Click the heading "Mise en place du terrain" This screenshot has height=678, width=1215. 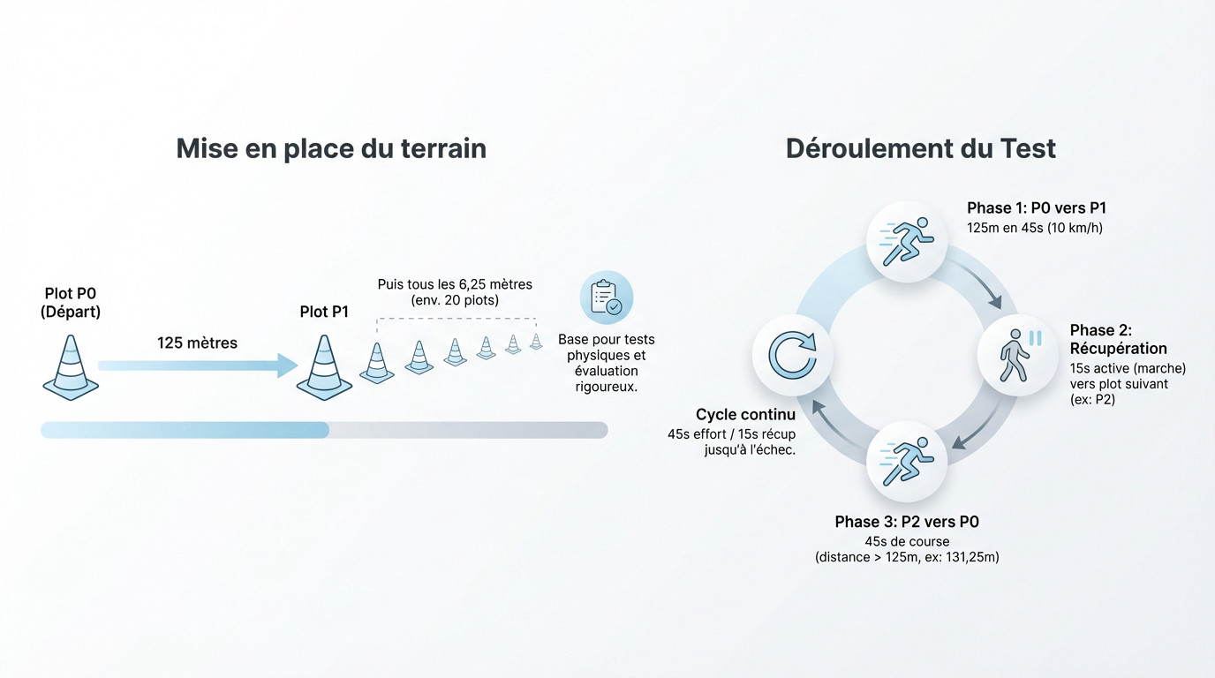[331, 148]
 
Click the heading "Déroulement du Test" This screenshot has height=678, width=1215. [920, 148]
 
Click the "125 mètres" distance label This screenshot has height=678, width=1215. [197, 343]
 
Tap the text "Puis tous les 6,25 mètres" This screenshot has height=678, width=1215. [455, 284]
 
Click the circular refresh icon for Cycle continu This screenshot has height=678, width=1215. [791, 355]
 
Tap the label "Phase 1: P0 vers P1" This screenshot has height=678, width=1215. [1036, 208]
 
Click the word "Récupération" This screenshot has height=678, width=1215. [1118, 348]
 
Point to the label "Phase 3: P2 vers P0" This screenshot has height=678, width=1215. [907, 522]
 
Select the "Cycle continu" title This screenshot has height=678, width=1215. [745, 415]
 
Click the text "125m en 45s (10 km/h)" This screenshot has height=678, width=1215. [1035, 228]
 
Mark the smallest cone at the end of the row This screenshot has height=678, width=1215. [536, 342]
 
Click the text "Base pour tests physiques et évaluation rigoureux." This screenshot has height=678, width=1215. [606, 363]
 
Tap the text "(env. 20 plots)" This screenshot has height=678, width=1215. [455, 300]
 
